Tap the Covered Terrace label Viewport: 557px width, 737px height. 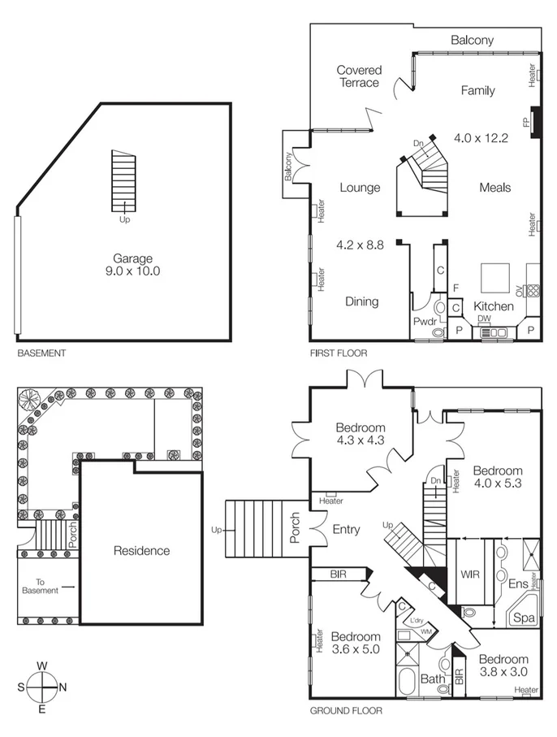[359, 76]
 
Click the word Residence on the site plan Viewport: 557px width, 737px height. [141, 550]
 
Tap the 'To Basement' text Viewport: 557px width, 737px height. [46, 586]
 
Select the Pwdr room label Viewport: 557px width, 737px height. [425, 322]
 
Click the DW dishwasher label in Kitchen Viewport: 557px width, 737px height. [483, 319]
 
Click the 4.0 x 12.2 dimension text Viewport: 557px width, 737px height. [481, 138]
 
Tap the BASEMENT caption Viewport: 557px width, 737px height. [41, 353]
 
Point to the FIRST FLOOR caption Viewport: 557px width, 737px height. [339, 353]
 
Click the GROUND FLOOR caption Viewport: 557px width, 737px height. [346, 710]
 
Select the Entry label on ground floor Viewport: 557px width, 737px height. [347, 530]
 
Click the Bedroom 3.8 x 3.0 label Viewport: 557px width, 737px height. [503, 665]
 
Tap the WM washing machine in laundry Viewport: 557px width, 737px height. [425, 631]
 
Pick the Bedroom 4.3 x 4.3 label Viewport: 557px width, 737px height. [361, 434]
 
